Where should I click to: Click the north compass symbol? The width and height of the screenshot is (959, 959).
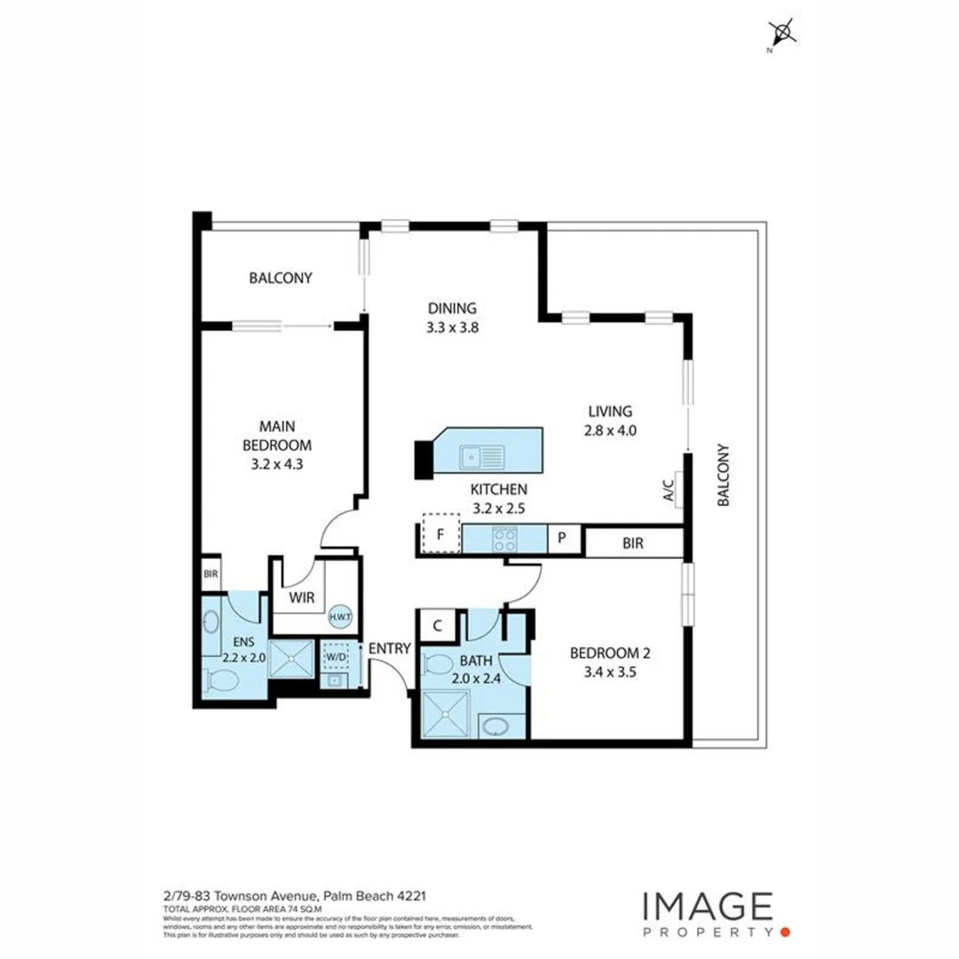782,35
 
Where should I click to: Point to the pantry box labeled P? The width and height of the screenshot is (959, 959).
562,538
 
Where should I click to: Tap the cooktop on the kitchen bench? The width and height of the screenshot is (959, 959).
506,539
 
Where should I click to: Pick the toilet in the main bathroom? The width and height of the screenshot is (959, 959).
439,663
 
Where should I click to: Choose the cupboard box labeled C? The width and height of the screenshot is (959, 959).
437,625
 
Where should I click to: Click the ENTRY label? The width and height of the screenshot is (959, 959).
390,648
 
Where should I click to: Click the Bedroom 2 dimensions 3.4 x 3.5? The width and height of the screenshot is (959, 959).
611,672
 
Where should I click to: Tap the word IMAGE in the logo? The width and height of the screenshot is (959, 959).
707,907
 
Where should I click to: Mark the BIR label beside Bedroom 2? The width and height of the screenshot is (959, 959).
633,543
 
